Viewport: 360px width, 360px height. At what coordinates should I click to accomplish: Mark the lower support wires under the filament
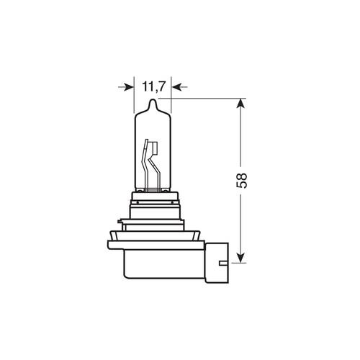(150, 180)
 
